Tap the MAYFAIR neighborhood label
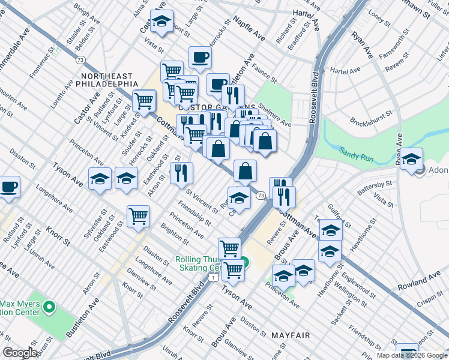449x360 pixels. click(291, 335)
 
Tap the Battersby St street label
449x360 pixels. click(375, 187)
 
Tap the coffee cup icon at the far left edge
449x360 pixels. click(9, 186)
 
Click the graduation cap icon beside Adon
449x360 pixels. click(412, 159)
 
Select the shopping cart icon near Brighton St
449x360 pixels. click(138, 215)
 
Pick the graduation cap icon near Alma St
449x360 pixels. click(161, 22)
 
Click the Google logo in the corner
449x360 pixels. click(20, 353)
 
